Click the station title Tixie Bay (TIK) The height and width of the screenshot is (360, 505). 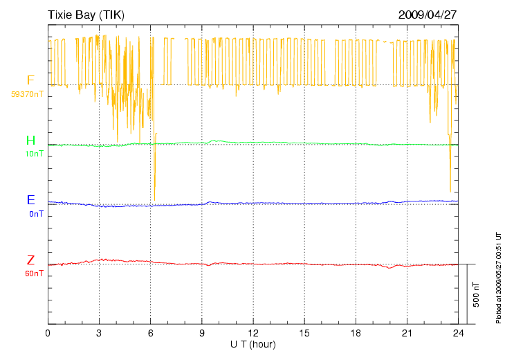tap(86, 15)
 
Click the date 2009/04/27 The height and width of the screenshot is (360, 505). tap(428, 15)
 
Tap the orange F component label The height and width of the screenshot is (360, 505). tap(30, 80)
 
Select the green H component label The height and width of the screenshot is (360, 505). tap(30, 141)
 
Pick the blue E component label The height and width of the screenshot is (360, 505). tap(30, 200)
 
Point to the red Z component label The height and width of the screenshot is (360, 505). tap(30, 260)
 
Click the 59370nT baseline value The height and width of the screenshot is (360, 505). tap(28, 93)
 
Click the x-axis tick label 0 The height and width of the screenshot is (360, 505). tap(48, 334)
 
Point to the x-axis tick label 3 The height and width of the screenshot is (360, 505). tap(99, 334)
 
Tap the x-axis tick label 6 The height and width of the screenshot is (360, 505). tap(151, 334)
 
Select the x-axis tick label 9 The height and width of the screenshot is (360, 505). tap(202, 334)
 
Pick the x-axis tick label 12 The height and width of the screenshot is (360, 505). tap(253, 334)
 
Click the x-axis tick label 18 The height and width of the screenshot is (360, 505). tap(356, 334)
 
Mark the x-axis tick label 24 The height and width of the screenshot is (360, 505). tap(458, 334)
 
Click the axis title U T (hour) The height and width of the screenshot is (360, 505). tap(253, 344)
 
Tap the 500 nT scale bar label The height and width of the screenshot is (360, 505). tap(476, 294)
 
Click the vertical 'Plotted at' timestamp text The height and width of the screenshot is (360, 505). tap(498, 277)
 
